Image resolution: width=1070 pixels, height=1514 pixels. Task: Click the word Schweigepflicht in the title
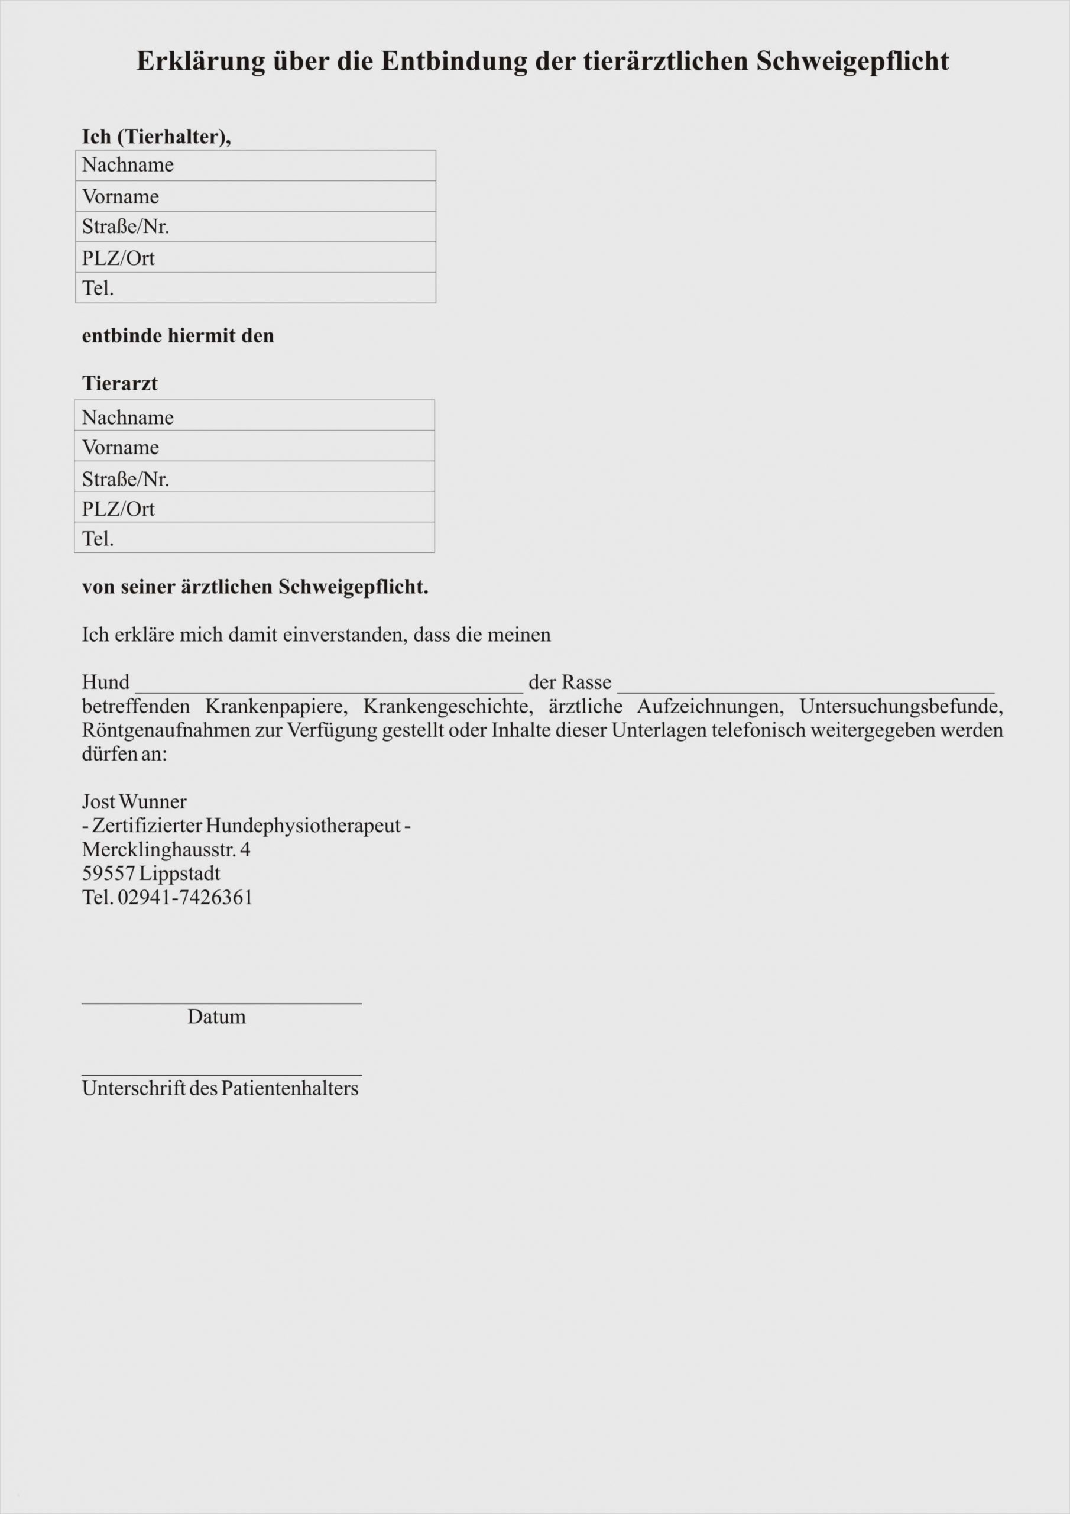click(852, 62)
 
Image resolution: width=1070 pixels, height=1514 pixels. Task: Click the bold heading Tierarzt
click(119, 383)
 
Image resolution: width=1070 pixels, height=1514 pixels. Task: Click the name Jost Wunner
click(134, 802)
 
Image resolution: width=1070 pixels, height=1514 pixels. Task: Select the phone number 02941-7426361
click(185, 897)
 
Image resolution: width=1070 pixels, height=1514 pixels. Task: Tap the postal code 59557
click(108, 874)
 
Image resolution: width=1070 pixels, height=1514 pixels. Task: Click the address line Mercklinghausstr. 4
click(166, 849)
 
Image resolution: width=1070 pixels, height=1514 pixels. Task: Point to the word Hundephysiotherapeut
click(303, 826)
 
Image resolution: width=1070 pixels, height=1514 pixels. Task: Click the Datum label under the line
click(216, 1017)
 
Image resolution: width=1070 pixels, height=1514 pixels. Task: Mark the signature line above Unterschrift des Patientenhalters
click(222, 1075)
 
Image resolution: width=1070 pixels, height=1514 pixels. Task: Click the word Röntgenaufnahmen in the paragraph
click(166, 730)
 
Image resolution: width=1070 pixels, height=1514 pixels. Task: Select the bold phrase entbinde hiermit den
click(177, 336)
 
